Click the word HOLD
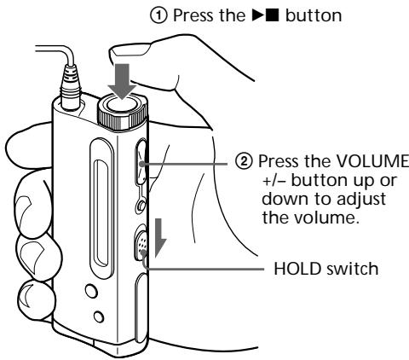295,269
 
